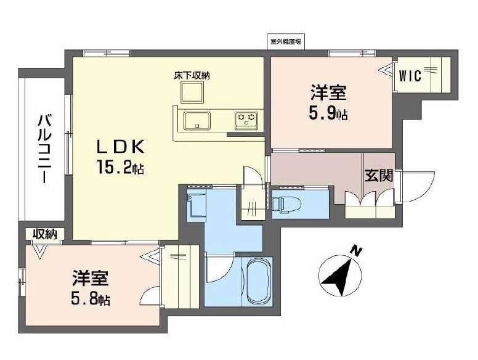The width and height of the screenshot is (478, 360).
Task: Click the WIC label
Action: pos(410,76)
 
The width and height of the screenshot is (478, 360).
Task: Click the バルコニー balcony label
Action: pos(43,148)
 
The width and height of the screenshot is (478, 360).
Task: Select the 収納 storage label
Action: pos(45,234)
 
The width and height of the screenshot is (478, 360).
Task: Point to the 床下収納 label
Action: pos(192,76)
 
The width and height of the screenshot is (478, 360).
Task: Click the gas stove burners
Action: pos(248,119)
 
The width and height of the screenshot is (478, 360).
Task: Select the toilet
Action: pos(286,202)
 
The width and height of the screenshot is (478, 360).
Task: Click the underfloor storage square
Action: pos(192,92)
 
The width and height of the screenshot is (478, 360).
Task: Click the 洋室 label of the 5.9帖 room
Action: pos(328,94)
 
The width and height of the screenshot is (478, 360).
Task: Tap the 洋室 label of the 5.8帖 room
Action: pos(91,279)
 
